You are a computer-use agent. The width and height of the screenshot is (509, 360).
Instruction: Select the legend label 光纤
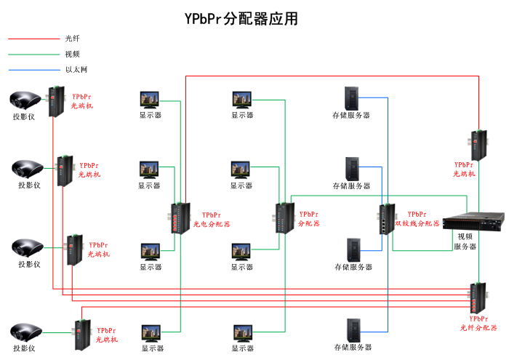point(72,39)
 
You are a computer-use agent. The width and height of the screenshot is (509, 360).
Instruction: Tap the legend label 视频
point(72,54)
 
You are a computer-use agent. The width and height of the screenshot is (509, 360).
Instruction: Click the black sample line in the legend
point(33,39)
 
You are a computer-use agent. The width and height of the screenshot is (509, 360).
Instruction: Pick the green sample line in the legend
point(33,54)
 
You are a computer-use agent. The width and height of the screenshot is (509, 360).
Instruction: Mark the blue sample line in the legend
point(33,70)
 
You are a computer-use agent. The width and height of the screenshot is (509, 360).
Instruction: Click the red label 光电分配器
point(212,224)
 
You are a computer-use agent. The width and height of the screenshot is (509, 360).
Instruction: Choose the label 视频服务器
point(465,241)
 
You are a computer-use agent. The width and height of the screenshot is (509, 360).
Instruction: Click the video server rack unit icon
point(473,220)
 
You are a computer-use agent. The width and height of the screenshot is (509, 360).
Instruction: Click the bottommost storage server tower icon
point(354,330)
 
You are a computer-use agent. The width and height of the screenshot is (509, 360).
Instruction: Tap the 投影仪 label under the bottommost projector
point(24,348)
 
